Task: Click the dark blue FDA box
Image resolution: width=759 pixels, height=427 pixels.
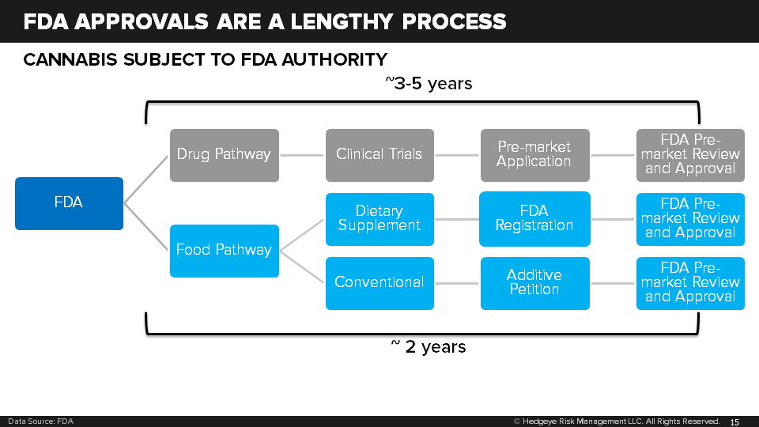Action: click(x=69, y=203)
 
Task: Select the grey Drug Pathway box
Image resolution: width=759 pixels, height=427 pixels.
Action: click(x=224, y=155)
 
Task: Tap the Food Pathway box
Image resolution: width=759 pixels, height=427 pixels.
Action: click(x=224, y=251)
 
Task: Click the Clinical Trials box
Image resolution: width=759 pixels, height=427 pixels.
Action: click(x=379, y=155)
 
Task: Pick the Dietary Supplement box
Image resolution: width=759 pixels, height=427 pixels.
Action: click(x=379, y=219)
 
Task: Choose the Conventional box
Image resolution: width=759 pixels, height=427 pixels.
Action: click(x=379, y=283)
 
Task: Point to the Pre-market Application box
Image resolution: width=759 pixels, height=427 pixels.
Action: click(x=534, y=155)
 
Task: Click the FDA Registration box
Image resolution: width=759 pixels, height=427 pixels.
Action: click(x=534, y=219)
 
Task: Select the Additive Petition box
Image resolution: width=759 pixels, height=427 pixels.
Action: click(x=534, y=283)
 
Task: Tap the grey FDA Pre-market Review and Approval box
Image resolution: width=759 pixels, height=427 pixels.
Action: click(x=690, y=155)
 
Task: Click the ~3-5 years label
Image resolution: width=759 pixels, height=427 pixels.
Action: click(x=428, y=83)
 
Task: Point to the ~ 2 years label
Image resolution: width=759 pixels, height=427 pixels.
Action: click(x=428, y=346)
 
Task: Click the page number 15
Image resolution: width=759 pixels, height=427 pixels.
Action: click(x=734, y=421)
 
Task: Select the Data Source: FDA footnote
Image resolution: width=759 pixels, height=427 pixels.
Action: click(x=40, y=421)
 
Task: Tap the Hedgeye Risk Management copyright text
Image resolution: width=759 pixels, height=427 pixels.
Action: click(x=617, y=421)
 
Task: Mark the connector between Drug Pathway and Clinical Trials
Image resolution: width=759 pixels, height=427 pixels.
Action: click(x=302, y=155)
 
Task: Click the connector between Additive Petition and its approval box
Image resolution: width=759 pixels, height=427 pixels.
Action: click(x=613, y=283)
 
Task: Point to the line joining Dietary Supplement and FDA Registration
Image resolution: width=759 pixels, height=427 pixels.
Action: click(x=457, y=219)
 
